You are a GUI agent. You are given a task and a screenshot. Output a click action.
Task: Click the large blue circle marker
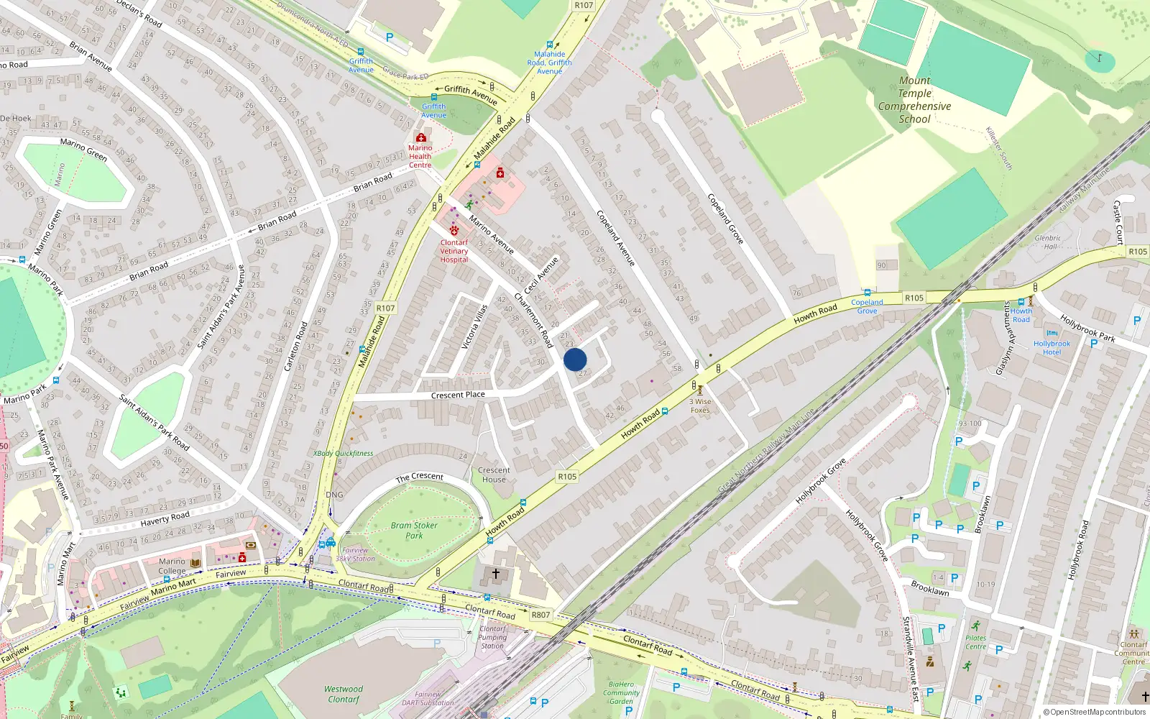click(575, 359)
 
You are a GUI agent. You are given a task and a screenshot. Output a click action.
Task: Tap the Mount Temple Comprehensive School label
click(914, 100)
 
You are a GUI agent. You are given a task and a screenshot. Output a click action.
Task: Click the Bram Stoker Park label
click(414, 530)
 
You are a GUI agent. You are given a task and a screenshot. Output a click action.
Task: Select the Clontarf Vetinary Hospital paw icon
click(454, 230)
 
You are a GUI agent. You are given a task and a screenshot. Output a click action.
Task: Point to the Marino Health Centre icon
click(420, 137)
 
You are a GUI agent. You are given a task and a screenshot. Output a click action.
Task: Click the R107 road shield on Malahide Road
click(385, 308)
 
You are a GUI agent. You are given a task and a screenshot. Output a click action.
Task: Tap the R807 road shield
click(540, 615)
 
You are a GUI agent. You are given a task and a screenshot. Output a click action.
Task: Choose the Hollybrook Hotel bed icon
click(1052, 334)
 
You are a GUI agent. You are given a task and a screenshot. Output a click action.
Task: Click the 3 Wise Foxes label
click(700, 406)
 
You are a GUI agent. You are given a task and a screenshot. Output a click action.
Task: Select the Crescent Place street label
click(458, 395)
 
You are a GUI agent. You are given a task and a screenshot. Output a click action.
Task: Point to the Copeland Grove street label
click(725, 219)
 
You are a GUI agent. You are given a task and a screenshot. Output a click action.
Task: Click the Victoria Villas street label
click(475, 327)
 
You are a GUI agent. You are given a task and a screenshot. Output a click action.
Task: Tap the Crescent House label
click(494, 475)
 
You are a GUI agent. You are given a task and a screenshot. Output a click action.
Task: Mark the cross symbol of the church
click(495, 573)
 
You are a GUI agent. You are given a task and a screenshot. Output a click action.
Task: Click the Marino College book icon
click(195, 562)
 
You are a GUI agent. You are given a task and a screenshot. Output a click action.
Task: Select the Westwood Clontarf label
click(344, 694)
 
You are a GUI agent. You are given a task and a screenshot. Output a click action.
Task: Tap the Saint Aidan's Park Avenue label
click(221, 307)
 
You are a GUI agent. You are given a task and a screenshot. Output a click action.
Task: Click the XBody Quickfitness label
click(344, 454)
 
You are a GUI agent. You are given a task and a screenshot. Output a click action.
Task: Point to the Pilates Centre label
click(976, 642)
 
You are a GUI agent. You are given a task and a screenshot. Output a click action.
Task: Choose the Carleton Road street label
click(295, 346)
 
